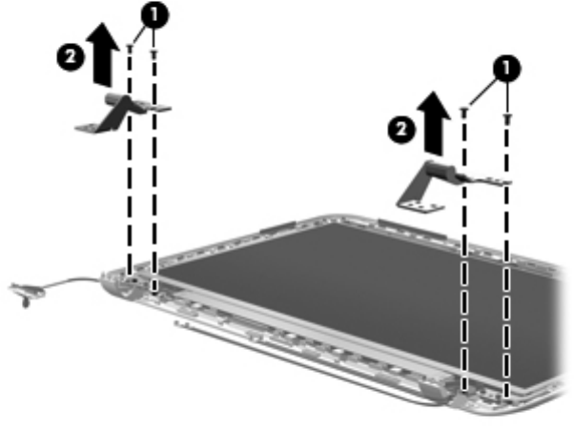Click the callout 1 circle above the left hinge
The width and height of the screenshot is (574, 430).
click(151, 14)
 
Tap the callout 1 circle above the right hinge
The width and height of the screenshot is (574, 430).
click(507, 68)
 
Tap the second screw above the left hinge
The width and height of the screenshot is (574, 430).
click(154, 53)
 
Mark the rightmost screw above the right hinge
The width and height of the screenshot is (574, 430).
click(507, 119)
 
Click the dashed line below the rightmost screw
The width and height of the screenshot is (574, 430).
click(507, 286)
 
